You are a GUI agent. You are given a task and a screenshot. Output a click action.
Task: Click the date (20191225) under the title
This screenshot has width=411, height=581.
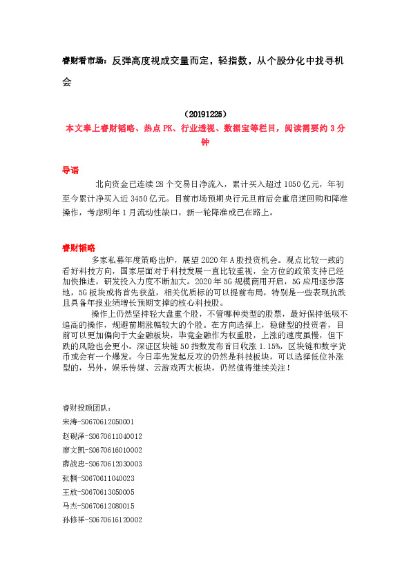[x=205, y=114]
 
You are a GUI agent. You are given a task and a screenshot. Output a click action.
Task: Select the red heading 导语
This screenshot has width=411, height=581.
[x=70, y=169]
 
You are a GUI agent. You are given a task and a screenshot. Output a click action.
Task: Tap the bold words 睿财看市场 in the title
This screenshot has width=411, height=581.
[x=82, y=61]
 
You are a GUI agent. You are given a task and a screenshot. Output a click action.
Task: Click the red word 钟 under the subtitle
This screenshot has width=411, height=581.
[x=204, y=142]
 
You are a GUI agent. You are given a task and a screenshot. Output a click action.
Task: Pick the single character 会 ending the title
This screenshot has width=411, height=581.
[x=67, y=81]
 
